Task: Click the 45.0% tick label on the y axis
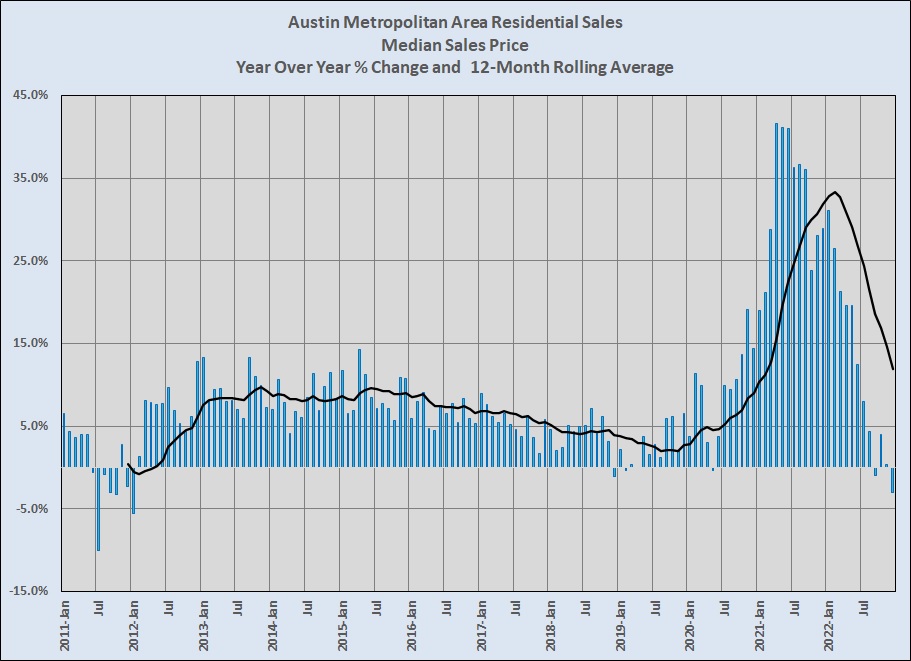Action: pos(31,96)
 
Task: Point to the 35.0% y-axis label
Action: pos(31,178)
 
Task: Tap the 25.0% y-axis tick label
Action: pos(31,261)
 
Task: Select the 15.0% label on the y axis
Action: pos(31,343)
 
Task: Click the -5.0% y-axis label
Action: pos(31,508)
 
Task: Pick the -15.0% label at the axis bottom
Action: pos(29,591)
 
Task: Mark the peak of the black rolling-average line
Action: pos(835,192)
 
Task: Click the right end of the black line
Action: pos(893,369)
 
